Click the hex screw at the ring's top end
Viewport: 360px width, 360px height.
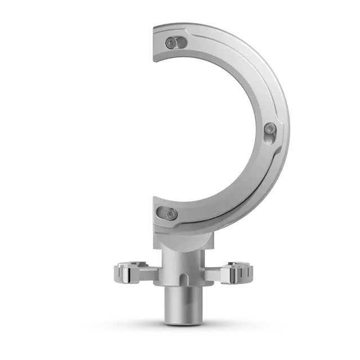click(170, 42)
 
